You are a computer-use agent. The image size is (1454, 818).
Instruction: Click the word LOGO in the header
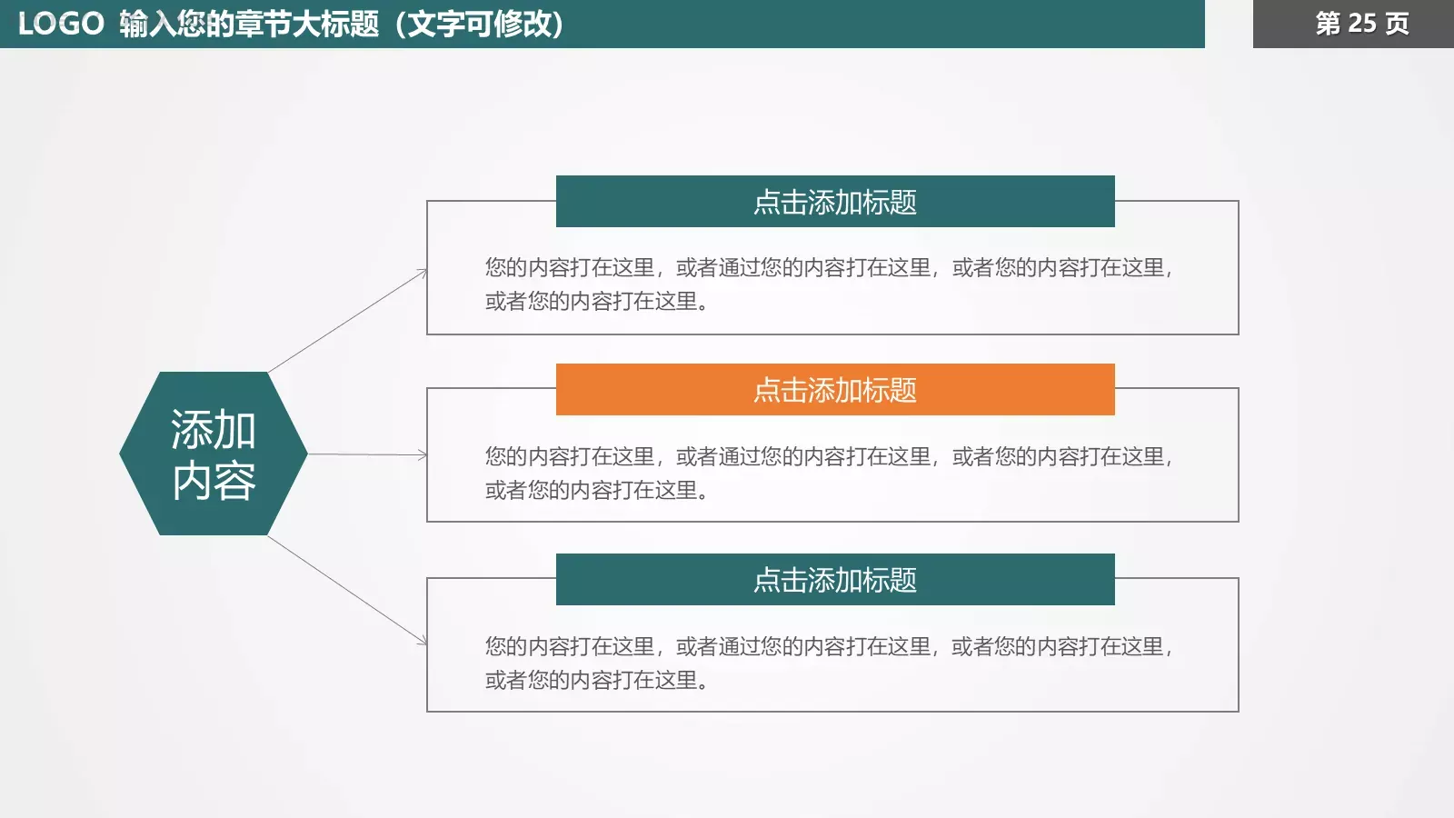click(x=61, y=24)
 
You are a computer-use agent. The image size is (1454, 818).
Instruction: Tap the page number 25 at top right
click(x=1361, y=24)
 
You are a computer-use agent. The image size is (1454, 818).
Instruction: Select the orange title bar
click(x=835, y=390)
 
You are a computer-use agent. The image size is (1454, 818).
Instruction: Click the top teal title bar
click(x=835, y=202)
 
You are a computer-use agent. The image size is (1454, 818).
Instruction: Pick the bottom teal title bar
click(x=835, y=580)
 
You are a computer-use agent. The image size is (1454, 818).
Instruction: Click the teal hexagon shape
click(x=214, y=454)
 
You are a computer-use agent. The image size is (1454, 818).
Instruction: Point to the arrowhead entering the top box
click(x=423, y=272)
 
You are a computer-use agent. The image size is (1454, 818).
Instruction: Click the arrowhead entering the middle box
click(x=423, y=454)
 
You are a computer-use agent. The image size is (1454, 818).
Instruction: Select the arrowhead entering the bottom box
click(x=423, y=642)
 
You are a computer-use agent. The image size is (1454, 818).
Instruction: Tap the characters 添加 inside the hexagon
click(x=214, y=430)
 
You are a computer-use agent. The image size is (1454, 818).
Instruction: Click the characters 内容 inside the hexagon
click(x=214, y=481)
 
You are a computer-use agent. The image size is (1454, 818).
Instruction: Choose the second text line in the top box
click(x=596, y=301)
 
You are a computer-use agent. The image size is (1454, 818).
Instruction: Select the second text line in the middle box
click(x=596, y=490)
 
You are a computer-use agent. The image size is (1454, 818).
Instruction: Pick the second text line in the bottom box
click(x=596, y=680)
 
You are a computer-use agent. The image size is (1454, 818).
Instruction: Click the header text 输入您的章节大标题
click(x=249, y=24)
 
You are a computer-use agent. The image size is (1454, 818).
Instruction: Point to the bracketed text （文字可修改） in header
click(x=479, y=24)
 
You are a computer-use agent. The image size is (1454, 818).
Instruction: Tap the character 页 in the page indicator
click(x=1398, y=24)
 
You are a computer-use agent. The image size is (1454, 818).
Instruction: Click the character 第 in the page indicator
click(x=1328, y=24)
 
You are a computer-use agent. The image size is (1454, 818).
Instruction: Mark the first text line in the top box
click(x=828, y=267)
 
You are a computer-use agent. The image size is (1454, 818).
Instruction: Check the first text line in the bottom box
click(x=828, y=646)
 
